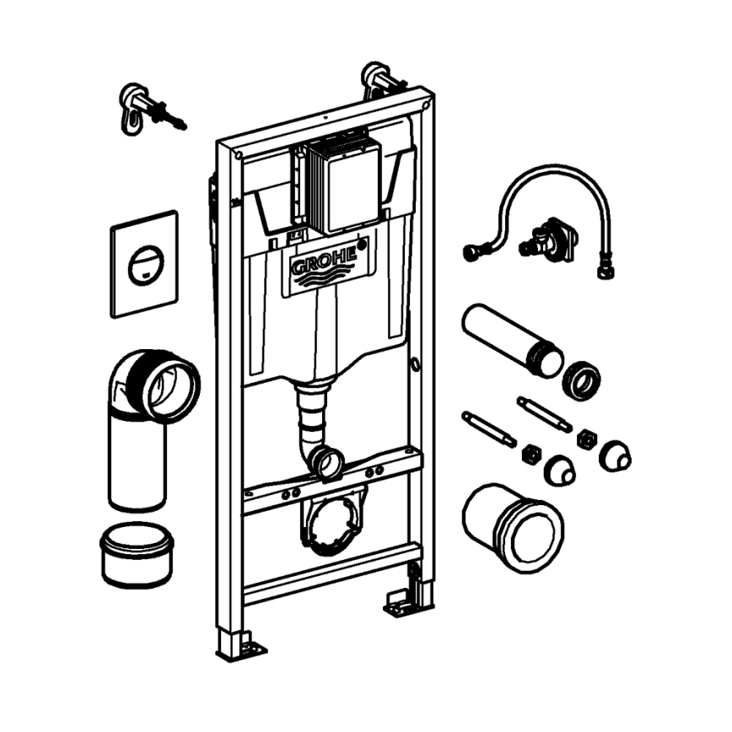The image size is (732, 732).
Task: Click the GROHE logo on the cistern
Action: pyautogui.click(x=324, y=263)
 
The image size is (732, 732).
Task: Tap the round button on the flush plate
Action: pyautogui.click(x=144, y=266)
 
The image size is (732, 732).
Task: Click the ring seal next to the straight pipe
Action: pyautogui.click(x=580, y=380)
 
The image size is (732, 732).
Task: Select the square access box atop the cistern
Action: pyautogui.click(x=342, y=184)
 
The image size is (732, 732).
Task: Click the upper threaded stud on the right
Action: pyautogui.click(x=544, y=413)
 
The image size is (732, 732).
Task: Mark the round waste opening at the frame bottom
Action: pyautogui.click(x=333, y=524)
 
